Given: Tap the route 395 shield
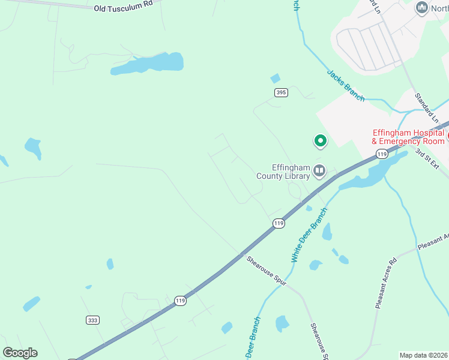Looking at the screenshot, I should (x=281, y=92).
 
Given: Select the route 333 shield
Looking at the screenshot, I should (x=92, y=320).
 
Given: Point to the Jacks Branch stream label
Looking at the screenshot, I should (x=345, y=85).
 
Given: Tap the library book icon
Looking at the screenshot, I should (x=319, y=172).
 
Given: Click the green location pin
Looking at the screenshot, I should (x=321, y=141).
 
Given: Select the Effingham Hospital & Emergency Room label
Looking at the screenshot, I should (x=408, y=137).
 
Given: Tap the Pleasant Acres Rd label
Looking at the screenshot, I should (x=385, y=283).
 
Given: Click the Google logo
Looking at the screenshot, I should (x=20, y=353).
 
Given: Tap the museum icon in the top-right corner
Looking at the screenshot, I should (x=421, y=8).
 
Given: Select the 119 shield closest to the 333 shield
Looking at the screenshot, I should (x=179, y=300).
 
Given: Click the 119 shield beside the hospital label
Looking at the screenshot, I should (x=381, y=154).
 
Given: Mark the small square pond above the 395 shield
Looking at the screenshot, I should (x=276, y=78).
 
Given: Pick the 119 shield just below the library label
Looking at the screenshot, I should (x=278, y=223).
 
